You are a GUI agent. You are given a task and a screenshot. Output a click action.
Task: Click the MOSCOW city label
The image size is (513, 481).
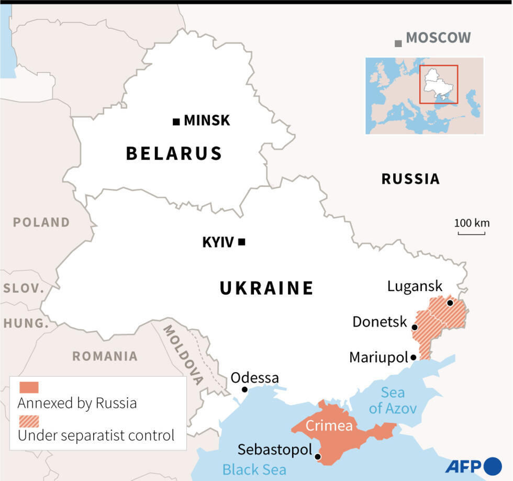(x=438, y=38)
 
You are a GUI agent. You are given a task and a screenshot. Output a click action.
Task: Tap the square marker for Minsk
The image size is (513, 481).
(x=176, y=121)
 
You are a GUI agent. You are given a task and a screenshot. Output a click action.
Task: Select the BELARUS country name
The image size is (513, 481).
(x=174, y=153)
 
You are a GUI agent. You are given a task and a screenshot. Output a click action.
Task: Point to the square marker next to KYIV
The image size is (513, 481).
(x=241, y=242)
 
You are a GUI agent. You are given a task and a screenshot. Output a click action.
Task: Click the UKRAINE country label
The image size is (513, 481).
(x=266, y=288)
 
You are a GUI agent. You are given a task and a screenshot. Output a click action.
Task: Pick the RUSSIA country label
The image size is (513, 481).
(x=410, y=179)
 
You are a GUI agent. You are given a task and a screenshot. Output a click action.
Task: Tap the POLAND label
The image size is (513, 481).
(x=41, y=222)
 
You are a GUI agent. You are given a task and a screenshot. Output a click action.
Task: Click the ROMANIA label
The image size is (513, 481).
(x=105, y=356)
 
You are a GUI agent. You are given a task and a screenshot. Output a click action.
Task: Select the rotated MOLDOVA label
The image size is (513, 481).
(x=183, y=355)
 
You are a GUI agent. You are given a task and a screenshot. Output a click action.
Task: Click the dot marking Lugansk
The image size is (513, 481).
(x=450, y=303)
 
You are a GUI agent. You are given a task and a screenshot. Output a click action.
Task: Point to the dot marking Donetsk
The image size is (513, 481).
(x=415, y=328)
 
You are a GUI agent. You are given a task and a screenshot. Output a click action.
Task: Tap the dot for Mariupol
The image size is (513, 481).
(x=414, y=357)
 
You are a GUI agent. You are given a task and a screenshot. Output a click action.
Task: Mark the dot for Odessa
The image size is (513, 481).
(x=244, y=389)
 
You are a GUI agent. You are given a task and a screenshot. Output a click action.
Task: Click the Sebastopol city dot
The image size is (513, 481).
(x=318, y=457)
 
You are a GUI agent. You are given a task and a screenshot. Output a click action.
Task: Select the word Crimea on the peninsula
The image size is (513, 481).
(x=329, y=426)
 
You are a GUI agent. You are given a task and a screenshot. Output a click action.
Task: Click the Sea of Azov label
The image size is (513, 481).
(x=393, y=400)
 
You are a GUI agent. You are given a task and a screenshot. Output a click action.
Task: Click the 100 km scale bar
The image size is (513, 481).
(x=471, y=233)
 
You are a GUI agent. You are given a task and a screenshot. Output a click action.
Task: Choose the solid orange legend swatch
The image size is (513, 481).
(x=29, y=387)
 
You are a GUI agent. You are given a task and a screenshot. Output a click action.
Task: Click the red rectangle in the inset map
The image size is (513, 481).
(x=439, y=84)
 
